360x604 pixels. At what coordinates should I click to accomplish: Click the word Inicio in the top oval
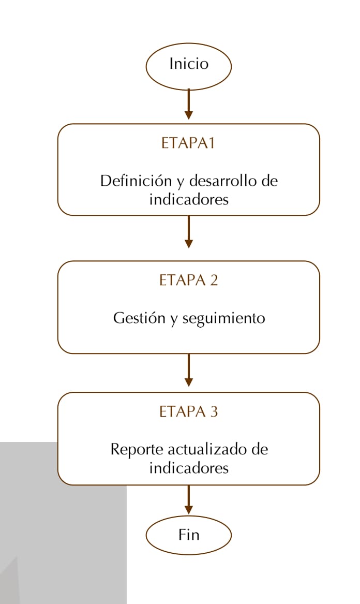(189, 64)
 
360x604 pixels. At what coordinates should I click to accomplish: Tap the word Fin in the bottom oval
(189, 535)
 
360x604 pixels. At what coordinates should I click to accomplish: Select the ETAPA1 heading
(188, 143)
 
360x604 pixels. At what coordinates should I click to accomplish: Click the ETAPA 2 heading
(188, 280)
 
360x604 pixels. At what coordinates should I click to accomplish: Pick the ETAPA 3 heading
(188, 412)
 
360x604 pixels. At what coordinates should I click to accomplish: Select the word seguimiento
(223, 319)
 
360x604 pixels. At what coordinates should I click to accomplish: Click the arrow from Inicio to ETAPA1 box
(189, 104)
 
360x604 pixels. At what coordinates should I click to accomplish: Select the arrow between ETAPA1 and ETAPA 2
(189, 231)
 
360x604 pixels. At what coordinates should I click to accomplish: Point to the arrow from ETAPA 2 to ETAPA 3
(189, 370)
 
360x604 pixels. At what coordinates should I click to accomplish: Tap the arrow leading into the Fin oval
(189, 499)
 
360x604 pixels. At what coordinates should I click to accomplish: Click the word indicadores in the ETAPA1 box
(189, 199)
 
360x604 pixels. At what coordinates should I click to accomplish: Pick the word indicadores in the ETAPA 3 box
(189, 468)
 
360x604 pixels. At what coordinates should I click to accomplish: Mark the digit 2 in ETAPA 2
(214, 280)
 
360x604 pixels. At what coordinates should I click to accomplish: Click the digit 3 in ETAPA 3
(214, 412)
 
